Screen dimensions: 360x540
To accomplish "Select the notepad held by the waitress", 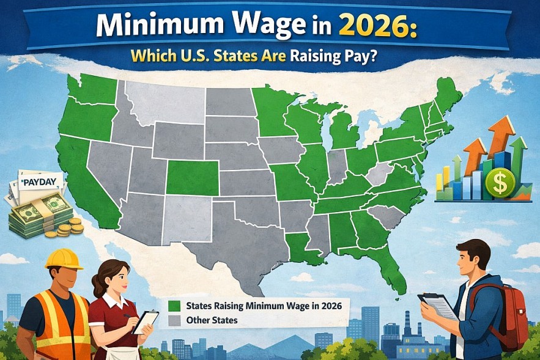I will pos(146,321).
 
